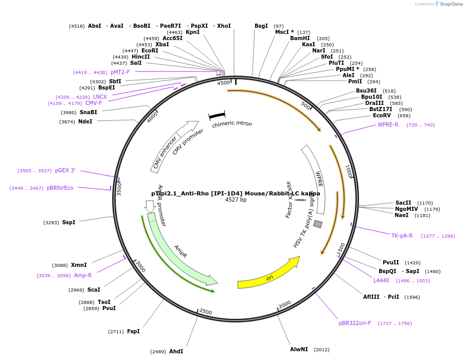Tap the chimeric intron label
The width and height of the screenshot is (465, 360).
click(232, 124)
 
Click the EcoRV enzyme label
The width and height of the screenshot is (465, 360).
click(382, 116)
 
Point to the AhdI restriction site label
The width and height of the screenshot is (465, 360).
click(176, 352)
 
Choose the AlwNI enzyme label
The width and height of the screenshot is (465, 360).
click(299, 350)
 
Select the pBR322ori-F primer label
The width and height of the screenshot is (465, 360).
click(355, 323)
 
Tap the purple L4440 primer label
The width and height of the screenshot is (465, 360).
click(381, 281)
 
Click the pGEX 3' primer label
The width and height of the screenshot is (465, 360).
click(65, 171)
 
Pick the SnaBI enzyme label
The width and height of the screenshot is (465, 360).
click(88, 113)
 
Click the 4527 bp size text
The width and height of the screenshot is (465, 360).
click(236, 200)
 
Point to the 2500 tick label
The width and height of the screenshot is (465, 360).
click(205, 312)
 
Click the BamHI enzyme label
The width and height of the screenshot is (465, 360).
click(300, 39)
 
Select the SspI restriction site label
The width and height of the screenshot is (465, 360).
click(68, 223)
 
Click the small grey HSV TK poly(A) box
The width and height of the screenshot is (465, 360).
click(318, 224)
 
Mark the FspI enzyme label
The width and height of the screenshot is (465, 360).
click(133, 332)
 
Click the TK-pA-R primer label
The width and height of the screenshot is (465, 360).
click(402, 236)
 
